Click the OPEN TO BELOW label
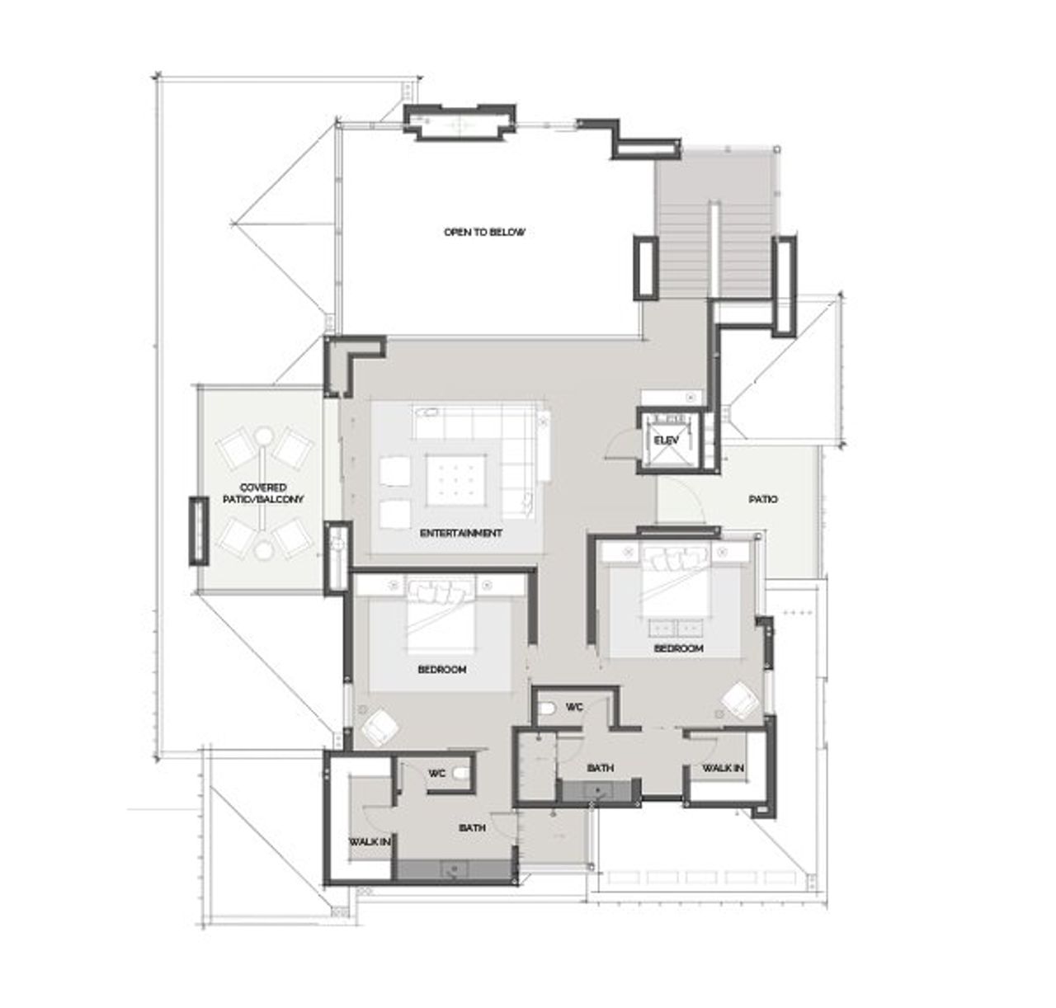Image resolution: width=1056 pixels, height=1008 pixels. click(x=483, y=232)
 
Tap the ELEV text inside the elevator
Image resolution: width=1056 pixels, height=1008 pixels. click(x=667, y=440)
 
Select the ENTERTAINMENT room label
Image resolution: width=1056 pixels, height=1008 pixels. click(x=460, y=533)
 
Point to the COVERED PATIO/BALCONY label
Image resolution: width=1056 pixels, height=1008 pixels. click(x=263, y=493)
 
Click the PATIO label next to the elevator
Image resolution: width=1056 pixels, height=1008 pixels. click(x=762, y=499)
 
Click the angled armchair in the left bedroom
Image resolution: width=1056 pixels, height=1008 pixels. click(x=380, y=725)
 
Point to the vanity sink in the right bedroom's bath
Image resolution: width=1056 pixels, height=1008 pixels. click(x=597, y=791)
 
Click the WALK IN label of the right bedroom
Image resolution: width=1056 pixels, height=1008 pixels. click(x=723, y=768)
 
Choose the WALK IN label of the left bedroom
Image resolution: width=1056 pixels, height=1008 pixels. click(x=369, y=841)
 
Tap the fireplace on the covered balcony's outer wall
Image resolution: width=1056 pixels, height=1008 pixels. click(x=197, y=530)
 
